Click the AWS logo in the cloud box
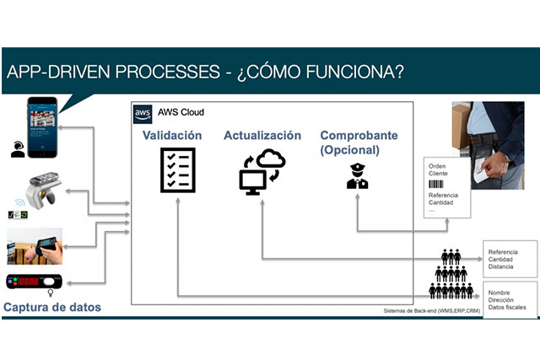143,112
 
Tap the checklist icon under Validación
178,169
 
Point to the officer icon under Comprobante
357,174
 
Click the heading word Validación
172,135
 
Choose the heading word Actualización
262,135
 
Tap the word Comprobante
359,135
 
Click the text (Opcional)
349,150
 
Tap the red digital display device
36,282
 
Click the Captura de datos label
53,308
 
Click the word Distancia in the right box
501,266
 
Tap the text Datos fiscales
507,307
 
